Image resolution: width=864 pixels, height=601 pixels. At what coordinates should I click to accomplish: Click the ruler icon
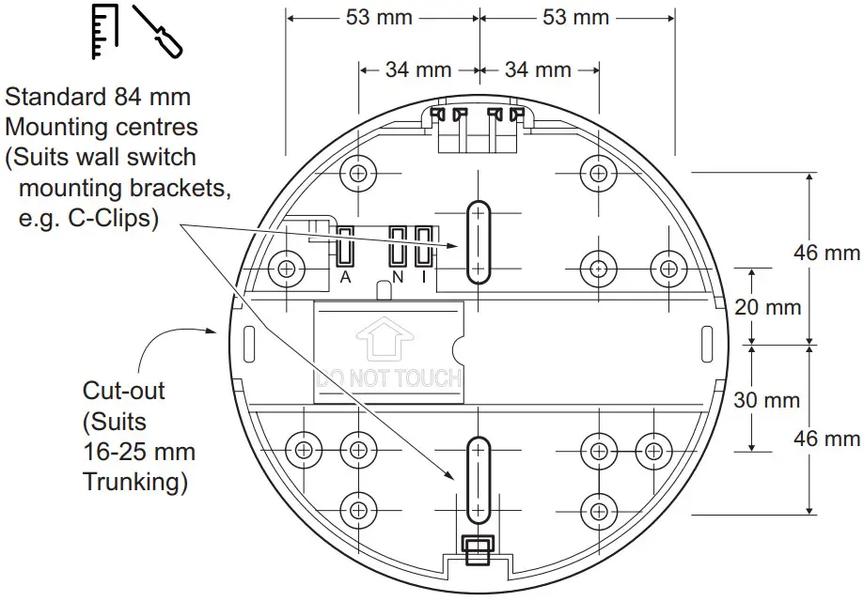click(103, 31)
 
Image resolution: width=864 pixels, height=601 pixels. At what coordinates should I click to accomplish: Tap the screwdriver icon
click(157, 31)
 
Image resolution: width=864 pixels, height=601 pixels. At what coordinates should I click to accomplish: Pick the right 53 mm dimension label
click(576, 18)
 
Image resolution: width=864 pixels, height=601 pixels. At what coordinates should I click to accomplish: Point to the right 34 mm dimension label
click(538, 69)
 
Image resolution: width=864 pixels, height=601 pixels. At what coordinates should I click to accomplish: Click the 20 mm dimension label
click(767, 307)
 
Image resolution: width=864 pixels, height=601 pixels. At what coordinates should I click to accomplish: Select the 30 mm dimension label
click(767, 399)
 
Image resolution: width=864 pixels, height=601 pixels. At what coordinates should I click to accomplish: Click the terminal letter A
click(345, 278)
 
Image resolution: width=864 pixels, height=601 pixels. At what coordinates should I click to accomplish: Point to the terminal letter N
click(399, 278)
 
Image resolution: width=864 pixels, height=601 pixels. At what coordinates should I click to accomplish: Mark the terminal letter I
click(424, 278)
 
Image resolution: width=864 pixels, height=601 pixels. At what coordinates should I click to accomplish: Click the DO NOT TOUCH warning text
click(389, 378)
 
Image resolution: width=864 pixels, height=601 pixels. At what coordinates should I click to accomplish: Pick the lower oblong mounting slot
click(479, 480)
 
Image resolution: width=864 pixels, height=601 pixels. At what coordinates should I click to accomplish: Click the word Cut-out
click(118, 390)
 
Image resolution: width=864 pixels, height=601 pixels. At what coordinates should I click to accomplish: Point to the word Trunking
click(134, 483)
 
